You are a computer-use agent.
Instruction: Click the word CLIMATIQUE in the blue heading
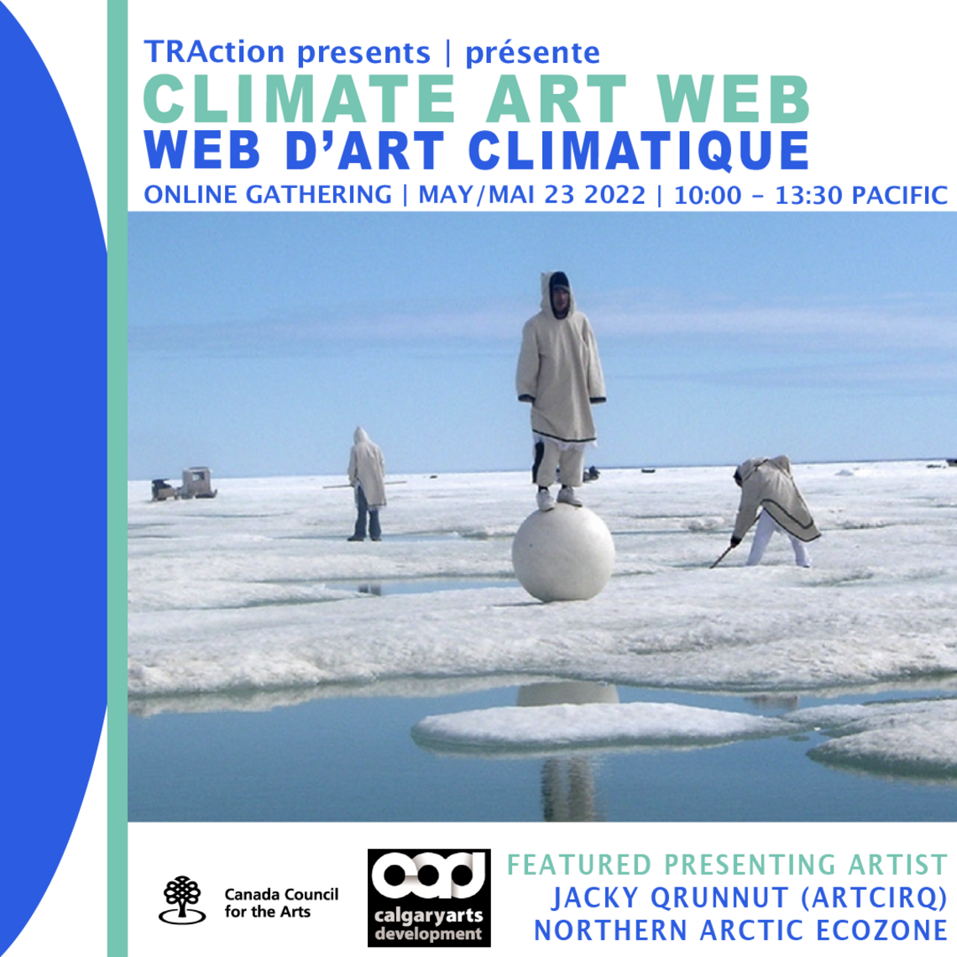point(638,151)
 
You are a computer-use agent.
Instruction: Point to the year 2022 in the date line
point(615,196)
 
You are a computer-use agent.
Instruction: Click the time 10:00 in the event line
point(708,196)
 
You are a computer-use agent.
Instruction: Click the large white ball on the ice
point(562,552)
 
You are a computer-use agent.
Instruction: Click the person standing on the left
point(366,484)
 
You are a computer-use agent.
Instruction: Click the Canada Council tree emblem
point(183,900)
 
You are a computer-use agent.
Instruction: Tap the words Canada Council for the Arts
point(280,903)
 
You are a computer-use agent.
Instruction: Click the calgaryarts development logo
point(429,897)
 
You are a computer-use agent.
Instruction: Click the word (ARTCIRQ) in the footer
point(873,898)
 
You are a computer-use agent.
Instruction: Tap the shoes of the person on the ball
point(557,499)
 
